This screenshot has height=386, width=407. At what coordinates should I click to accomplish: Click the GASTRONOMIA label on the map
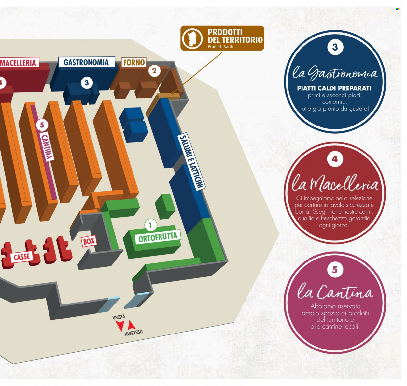(86, 62)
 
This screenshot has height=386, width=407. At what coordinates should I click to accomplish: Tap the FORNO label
(134, 62)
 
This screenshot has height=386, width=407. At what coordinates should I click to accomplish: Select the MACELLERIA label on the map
(19, 62)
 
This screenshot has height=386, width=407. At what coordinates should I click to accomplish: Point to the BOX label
(89, 241)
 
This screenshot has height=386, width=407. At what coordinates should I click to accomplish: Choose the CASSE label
(22, 257)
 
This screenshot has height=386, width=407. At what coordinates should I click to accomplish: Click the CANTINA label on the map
(47, 146)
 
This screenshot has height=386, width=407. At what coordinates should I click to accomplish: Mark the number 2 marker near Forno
(154, 71)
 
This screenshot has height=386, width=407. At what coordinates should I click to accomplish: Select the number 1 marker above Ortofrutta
(150, 225)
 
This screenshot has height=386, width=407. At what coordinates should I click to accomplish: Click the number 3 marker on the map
(87, 83)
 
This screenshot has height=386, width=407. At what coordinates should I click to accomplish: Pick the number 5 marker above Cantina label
(42, 125)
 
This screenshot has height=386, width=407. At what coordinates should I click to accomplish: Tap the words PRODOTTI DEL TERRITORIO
(235, 36)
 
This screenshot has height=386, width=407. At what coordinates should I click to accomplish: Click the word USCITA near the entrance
(119, 317)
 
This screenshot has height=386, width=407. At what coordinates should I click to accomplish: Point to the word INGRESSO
(133, 332)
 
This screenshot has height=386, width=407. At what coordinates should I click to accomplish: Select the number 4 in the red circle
(335, 159)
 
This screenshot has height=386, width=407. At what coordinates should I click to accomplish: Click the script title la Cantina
(335, 291)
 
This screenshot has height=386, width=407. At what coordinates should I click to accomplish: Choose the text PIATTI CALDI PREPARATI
(334, 88)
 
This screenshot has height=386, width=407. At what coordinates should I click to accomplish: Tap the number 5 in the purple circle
(335, 270)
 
